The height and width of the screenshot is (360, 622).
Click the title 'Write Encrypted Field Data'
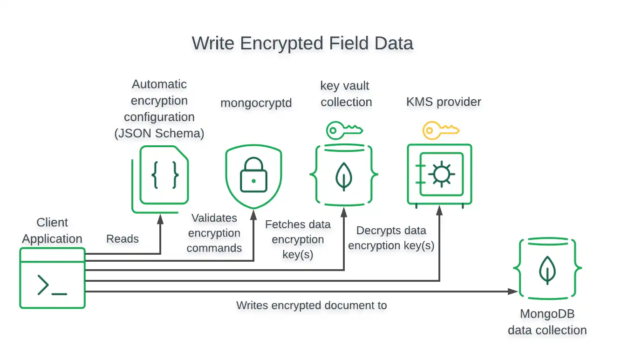(x=302, y=43)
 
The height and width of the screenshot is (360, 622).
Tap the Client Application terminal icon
(x=52, y=278)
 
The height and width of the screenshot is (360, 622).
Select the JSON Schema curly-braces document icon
(x=164, y=175)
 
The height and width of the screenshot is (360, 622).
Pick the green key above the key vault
(x=344, y=130)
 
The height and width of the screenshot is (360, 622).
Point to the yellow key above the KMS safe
(x=440, y=130)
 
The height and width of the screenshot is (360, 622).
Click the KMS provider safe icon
(x=439, y=175)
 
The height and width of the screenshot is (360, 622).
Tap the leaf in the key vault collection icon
(x=344, y=176)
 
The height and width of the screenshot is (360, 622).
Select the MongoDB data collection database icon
(x=547, y=269)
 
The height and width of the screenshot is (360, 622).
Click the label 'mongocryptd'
(x=256, y=102)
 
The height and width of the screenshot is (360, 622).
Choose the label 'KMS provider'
(x=444, y=102)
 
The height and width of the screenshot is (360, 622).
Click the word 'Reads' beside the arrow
(x=123, y=239)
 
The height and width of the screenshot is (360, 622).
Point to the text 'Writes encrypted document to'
(x=311, y=306)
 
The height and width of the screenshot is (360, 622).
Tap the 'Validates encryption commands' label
(x=214, y=233)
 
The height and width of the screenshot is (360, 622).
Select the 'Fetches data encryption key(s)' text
(x=298, y=239)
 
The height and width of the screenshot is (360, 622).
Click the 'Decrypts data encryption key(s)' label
(x=391, y=238)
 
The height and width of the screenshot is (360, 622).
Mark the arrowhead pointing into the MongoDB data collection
(x=513, y=292)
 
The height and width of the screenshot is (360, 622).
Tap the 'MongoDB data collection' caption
(x=547, y=322)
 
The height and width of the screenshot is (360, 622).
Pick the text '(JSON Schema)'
(x=159, y=133)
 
